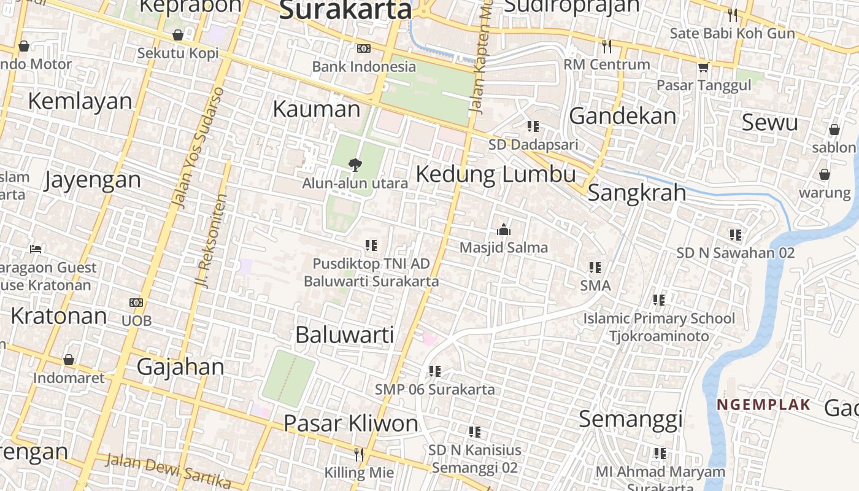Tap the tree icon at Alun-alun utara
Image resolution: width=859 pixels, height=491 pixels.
point(355,164)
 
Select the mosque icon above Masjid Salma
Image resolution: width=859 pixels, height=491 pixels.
point(504,230)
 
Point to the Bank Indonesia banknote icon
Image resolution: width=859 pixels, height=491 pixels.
point(364,48)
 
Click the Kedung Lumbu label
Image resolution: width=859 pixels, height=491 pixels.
point(496,174)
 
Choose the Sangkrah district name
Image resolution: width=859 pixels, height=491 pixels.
point(637,193)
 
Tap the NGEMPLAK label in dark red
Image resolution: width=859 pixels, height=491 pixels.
point(764,405)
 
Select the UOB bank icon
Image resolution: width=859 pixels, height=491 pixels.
point(136,303)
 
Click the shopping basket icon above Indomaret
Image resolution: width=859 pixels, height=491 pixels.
point(69,360)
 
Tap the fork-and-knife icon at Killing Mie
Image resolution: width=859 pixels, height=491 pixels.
point(359,454)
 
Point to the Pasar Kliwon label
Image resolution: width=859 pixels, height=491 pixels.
point(351,423)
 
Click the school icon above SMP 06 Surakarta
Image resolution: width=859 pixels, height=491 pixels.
point(435,371)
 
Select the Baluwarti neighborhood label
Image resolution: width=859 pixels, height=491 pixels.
point(344,335)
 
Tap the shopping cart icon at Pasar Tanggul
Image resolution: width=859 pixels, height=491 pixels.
point(703,67)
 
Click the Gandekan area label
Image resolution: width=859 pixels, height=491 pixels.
point(623,116)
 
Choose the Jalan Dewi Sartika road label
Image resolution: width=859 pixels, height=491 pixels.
point(167,470)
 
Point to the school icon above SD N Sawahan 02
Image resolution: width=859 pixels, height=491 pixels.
point(736,234)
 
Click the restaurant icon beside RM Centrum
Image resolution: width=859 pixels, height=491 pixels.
point(607,46)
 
